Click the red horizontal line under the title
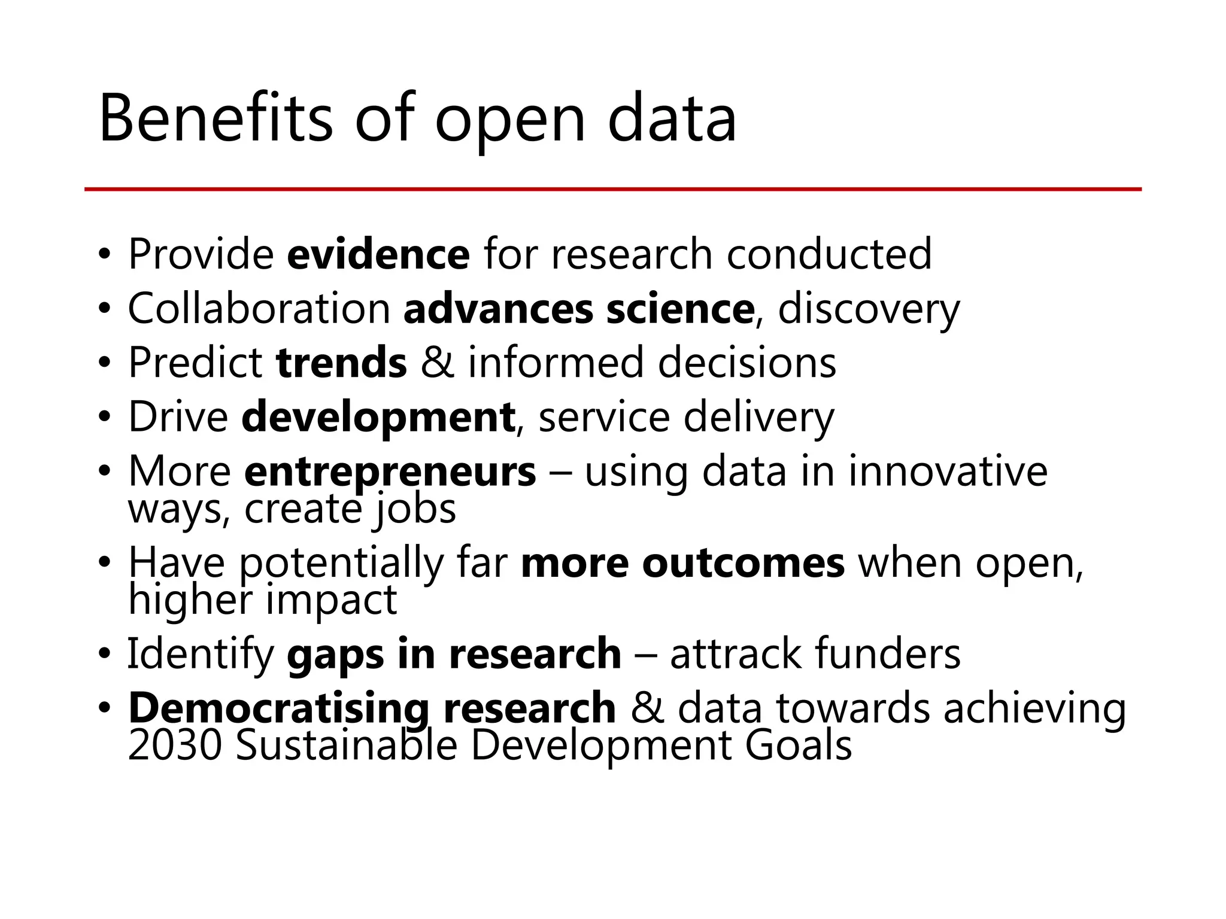(613, 189)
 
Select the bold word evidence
(378, 254)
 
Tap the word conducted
(829, 254)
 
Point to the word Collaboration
(259, 309)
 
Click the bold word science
(680, 309)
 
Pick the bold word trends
(341, 363)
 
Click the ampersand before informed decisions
(437, 363)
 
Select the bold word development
(378, 418)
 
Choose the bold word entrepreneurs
(390, 472)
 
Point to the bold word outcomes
(744, 564)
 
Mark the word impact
(331, 600)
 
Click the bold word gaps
(335, 655)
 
